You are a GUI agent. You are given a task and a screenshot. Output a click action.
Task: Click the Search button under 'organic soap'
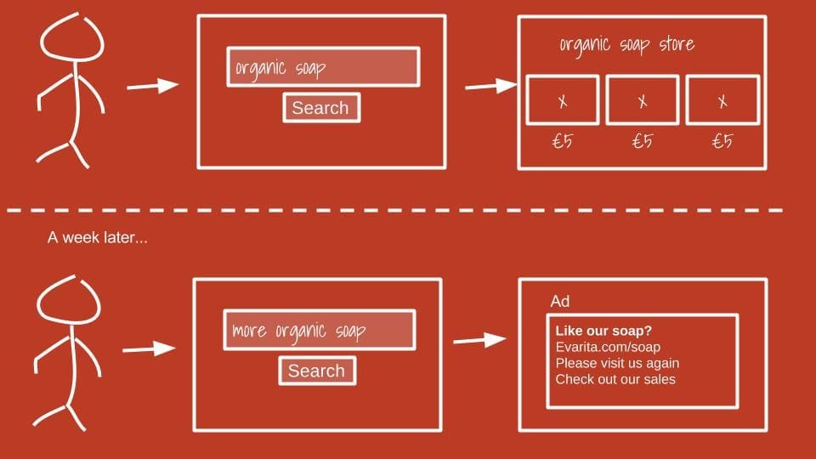320,108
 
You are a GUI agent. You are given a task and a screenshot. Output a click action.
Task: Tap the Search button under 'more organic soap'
316,371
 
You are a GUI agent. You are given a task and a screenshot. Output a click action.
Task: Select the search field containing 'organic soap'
322,67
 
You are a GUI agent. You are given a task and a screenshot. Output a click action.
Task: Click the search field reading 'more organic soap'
319,330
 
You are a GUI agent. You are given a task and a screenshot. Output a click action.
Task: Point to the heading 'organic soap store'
626,44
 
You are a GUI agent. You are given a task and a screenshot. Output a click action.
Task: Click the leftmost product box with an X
562,100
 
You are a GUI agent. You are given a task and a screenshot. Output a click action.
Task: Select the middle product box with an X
642,100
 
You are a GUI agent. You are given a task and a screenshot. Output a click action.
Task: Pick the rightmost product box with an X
722,100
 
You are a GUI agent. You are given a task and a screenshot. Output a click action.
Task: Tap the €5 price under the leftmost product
562,141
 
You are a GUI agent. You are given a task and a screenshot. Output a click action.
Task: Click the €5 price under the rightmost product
722,141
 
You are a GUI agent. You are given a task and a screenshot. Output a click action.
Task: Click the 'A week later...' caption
97,238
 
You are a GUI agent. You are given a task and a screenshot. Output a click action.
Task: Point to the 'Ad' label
560,302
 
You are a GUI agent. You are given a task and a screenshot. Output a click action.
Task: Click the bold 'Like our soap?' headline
609,331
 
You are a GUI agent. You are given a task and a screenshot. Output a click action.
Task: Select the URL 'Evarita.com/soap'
607,347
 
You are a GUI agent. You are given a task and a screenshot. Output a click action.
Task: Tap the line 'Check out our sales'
615,379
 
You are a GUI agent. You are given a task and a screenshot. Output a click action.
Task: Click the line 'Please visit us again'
617,363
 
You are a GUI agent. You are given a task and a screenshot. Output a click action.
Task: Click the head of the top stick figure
73,42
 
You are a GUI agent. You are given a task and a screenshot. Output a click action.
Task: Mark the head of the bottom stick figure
67,303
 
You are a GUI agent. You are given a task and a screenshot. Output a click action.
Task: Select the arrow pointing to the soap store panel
490,85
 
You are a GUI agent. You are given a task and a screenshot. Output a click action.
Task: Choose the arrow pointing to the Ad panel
480,340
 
